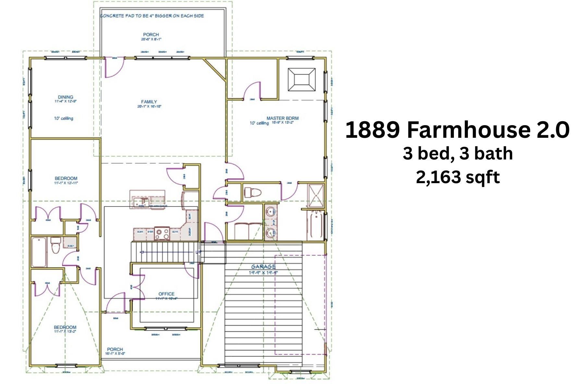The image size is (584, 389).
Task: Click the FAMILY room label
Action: [x=149, y=102]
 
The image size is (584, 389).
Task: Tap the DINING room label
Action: [x=66, y=97]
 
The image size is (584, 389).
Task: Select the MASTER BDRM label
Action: [x=282, y=118]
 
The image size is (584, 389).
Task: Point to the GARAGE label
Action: [x=263, y=267]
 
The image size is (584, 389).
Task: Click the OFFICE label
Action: [x=166, y=294]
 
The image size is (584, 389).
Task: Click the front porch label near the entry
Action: [x=115, y=349]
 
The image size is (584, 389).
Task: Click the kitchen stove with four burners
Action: [x=162, y=234]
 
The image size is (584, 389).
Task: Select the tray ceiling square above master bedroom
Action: [x=301, y=79]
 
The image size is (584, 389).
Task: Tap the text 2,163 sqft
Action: [x=458, y=177]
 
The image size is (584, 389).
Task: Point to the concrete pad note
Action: [x=152, y=16]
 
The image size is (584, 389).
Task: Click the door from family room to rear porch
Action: [x=114, y=67]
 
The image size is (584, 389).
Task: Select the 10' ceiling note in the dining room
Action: [x=64, y=118]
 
